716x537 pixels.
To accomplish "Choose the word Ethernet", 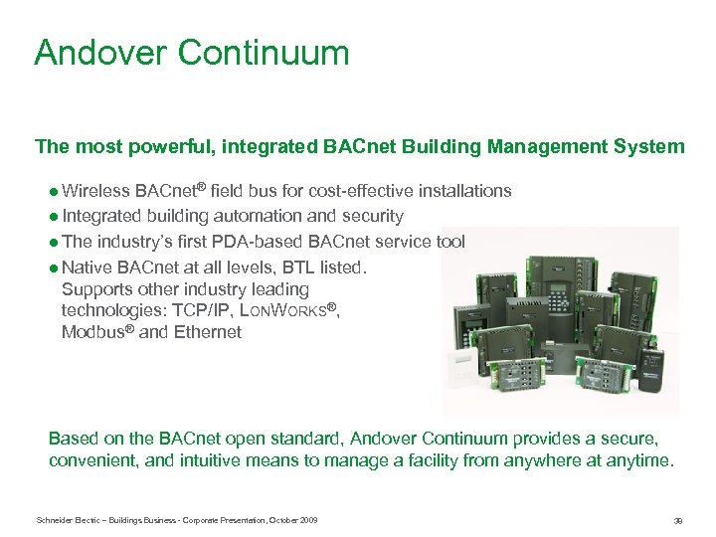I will coord(207,333).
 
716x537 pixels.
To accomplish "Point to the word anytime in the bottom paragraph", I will coord(640,461).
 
